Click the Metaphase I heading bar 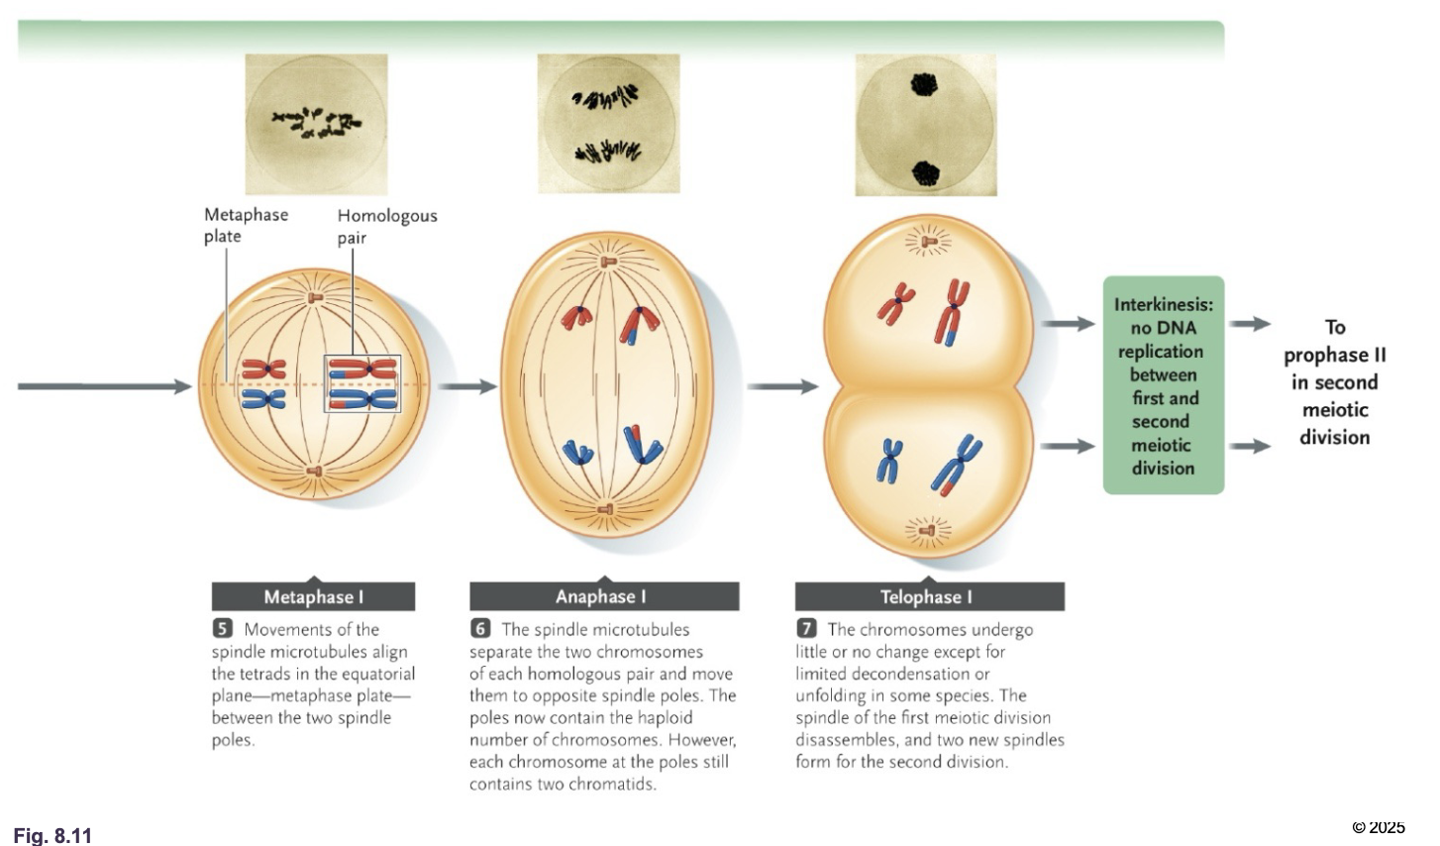point(313,596)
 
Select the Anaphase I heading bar point(603,596)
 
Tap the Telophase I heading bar point(929,596)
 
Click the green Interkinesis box point(1164,385)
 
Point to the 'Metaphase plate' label point(246,225)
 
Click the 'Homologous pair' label point(386,226)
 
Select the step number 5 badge point(222,629)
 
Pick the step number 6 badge point(480,629)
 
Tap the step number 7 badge point(806,629)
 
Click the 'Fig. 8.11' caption point(52,835)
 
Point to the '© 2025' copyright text point(1379,827)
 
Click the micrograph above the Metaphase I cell point(316,123)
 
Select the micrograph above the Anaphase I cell point(608,123)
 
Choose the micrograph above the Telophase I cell point(926,125)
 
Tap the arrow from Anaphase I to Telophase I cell point(782,386)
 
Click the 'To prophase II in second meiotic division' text point(1334,381)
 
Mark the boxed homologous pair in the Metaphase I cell point(363,383)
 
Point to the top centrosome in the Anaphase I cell point(608,262)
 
